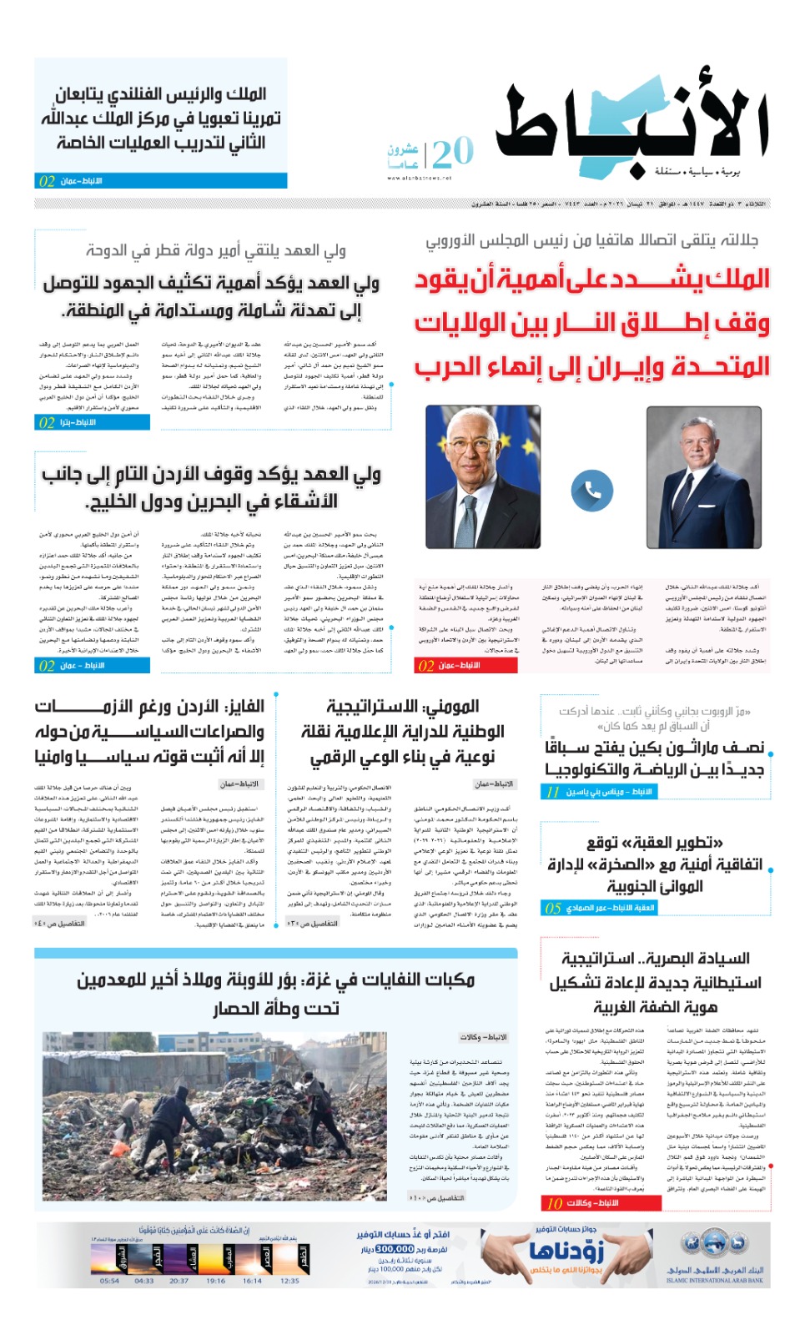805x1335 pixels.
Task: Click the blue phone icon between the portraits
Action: (592, 491)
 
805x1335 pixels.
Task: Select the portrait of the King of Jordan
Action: (703, 476)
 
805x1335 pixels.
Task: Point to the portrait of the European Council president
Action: (482, 476)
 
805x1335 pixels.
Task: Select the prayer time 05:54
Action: (109, 1281)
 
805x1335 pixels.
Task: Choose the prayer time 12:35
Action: (289, 1281)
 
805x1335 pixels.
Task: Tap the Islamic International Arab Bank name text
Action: (714, 1275)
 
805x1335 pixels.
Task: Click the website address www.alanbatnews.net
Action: (419, 178)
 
